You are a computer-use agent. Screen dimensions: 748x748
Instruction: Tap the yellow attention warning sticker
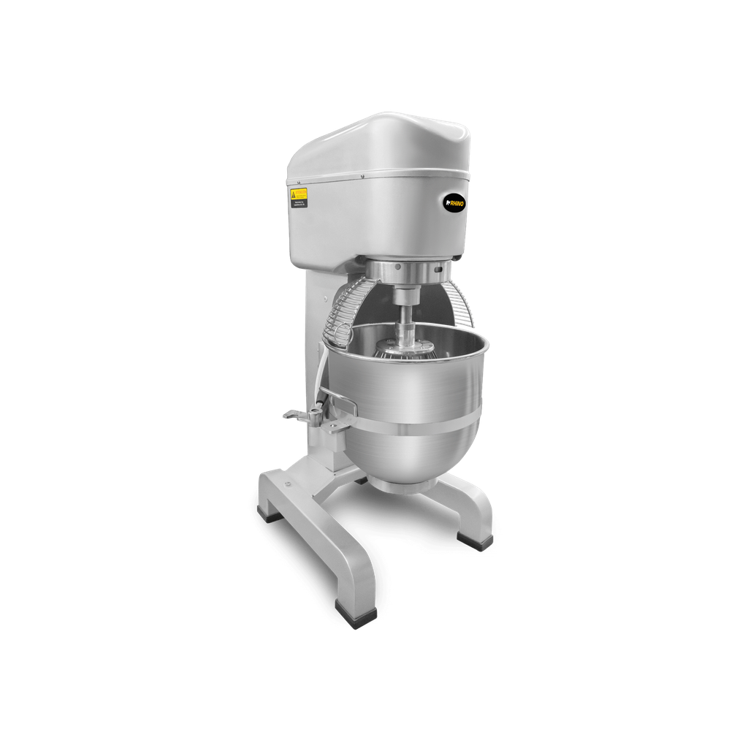[299, 196]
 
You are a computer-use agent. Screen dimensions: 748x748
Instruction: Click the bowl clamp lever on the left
[297, 415]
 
